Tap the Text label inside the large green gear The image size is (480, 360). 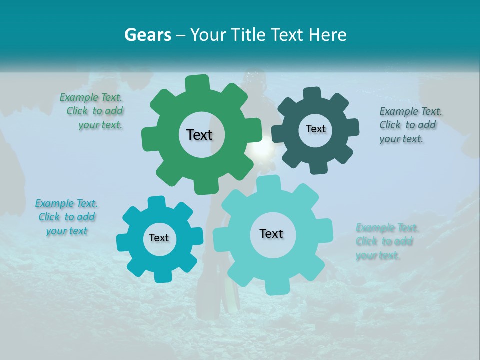[x=199, y=135]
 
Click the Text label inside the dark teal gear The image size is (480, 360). [x=315, y=129]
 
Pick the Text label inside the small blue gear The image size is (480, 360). [x=159, y=238]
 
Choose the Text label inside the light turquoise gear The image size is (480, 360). [x=271, y=233]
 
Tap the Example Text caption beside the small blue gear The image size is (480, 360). [x=66, y=217]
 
